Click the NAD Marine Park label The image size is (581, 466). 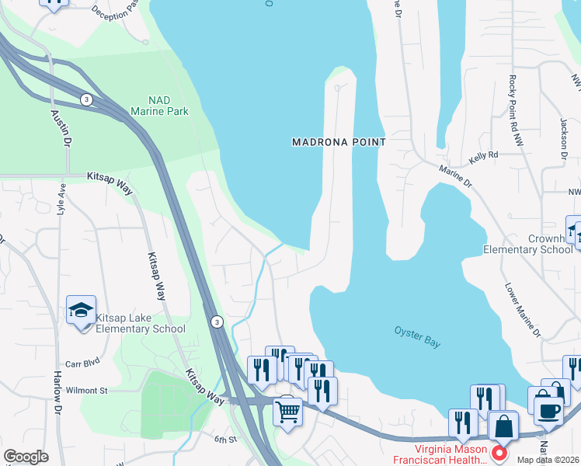pos(159,106)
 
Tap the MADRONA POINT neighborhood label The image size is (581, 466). pos(339,142)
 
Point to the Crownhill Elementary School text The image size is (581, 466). pos(527,245)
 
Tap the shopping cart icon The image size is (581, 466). pos(288,412)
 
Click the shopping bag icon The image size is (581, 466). pos(503,427)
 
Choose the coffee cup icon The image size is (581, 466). pos(548,412)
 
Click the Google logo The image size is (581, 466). pos(26,457)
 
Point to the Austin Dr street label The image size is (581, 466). pos(61,129)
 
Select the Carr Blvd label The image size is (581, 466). pos(83,363)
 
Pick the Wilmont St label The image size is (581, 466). pos(86,390)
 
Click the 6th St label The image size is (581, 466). pos(225,440)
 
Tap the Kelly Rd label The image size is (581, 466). pos(483,159)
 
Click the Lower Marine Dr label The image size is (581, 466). pos(523,310)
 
